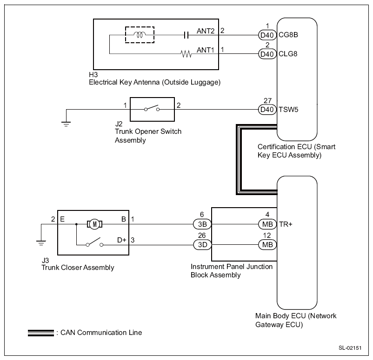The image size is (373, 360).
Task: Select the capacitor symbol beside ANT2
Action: tap(186, 35)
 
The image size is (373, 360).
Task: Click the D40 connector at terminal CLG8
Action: tap(267, 54)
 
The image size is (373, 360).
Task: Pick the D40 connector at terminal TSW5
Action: tap(267, 110)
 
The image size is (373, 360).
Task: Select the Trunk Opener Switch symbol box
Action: tap(152, 110)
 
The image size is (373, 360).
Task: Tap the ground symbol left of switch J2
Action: tap(67, 123)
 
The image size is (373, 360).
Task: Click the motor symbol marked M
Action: tap(94, 224)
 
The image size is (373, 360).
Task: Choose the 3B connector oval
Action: tap(202, 224)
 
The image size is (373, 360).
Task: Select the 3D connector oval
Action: tap(202, 244)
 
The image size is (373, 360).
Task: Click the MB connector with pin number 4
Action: tap(267, 224)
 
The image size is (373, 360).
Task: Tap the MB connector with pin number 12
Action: tap(267, 244)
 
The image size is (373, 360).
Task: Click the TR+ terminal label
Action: tap(285, 224)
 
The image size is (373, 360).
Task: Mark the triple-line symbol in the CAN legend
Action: tap(40, 333)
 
